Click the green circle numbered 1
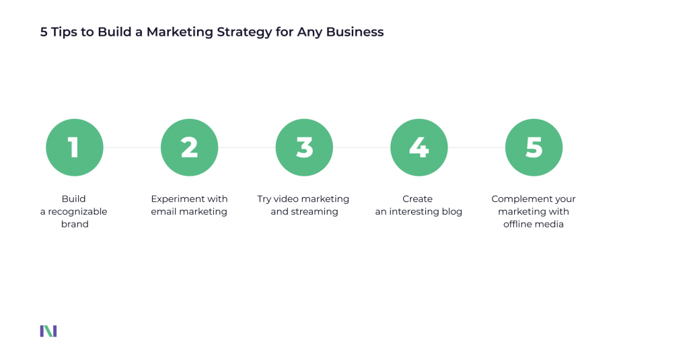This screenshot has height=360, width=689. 74,147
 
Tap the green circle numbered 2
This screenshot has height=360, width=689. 189,147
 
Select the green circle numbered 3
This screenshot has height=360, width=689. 304,147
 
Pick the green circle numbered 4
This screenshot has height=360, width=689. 419,147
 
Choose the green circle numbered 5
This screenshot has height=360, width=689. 534,147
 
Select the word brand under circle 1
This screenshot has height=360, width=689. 74,224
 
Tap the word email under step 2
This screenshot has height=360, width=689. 164,211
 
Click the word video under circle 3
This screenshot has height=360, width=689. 289,199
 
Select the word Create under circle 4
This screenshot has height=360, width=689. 418,199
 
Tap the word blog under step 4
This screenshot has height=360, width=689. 451,211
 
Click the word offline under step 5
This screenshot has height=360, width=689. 519,224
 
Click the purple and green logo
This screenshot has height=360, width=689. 48,330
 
